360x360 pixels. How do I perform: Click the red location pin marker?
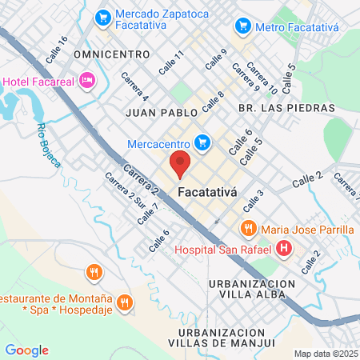coord(180,164)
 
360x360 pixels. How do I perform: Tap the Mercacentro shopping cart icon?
coord(203,142)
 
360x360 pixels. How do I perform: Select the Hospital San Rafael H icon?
coord(283,250)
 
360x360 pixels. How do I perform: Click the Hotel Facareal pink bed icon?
coord(88,79)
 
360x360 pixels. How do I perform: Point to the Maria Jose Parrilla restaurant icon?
coord(249,229)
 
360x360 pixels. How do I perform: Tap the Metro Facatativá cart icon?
coord(242,26)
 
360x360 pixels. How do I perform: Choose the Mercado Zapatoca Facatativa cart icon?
coord(102,16)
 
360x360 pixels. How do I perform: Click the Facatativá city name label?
coord(213,192)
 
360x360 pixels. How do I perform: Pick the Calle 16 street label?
coord(58,51)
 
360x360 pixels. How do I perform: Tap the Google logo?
coord(27,350)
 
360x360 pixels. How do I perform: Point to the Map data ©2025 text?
coord(324,354)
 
